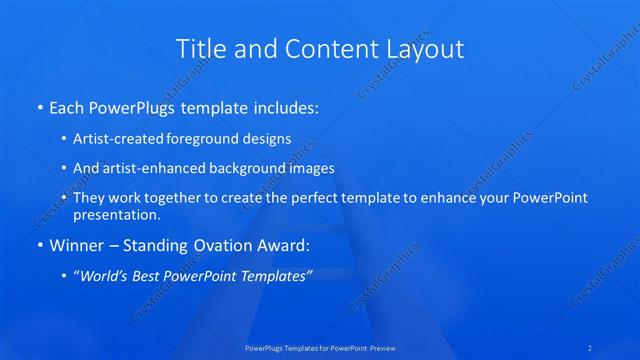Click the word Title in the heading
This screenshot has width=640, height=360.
199,48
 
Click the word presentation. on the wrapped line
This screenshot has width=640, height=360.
116,214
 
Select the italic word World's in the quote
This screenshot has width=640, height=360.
105,275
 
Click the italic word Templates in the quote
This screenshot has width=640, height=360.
277,275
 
